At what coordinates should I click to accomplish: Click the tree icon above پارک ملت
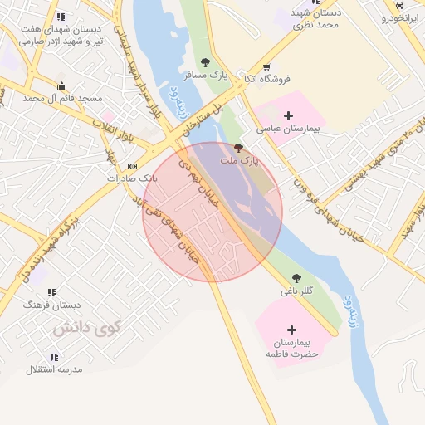(239, 147)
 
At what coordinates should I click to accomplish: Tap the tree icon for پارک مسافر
(205, 61)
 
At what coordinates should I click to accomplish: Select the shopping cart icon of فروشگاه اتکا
(266, 68)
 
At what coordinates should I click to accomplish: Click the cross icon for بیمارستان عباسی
(288, 115)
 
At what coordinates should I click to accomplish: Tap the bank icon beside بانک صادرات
(132, 166)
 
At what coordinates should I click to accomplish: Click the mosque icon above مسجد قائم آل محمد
(61, 85)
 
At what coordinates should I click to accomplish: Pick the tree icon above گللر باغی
(296, 278)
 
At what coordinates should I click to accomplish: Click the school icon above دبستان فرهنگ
(51, 293)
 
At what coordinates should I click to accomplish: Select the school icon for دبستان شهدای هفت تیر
(60, 17)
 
